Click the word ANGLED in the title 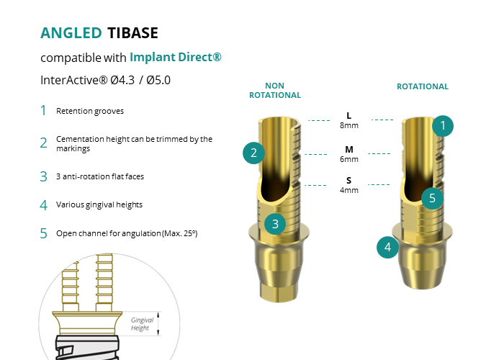[71, 33]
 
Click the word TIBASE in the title [132, 33]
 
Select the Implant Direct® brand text [176, 57]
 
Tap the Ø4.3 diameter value [122, 80]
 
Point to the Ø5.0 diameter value [158, 80]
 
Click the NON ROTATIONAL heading [275, 90]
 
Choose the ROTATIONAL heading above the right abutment [423, 86]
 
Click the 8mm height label [349, 125]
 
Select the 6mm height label [349, 159]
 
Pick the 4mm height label [349, 190]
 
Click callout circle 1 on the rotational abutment [443, 126]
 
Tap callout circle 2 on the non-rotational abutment [253, 153]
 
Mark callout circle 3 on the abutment [275, 224]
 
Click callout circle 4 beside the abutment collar [387, 247]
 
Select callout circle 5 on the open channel [432, 198]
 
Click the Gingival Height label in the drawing [142, 324]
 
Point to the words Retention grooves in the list [90, 111]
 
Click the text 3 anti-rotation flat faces [100, 176]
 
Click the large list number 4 [44, 205]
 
